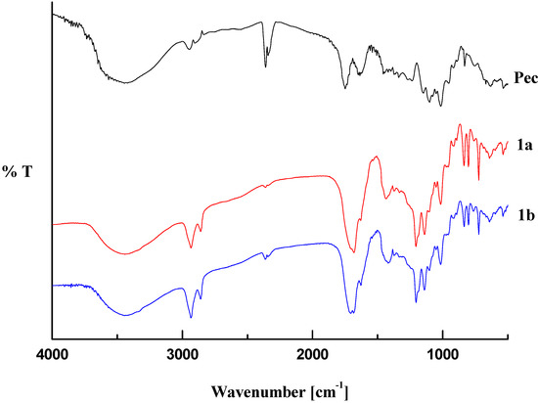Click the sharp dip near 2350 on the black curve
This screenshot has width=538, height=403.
pos(265,66)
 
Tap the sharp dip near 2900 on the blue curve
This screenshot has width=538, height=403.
pos(191,318)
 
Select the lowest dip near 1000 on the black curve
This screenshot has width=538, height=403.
pos(441,107)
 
